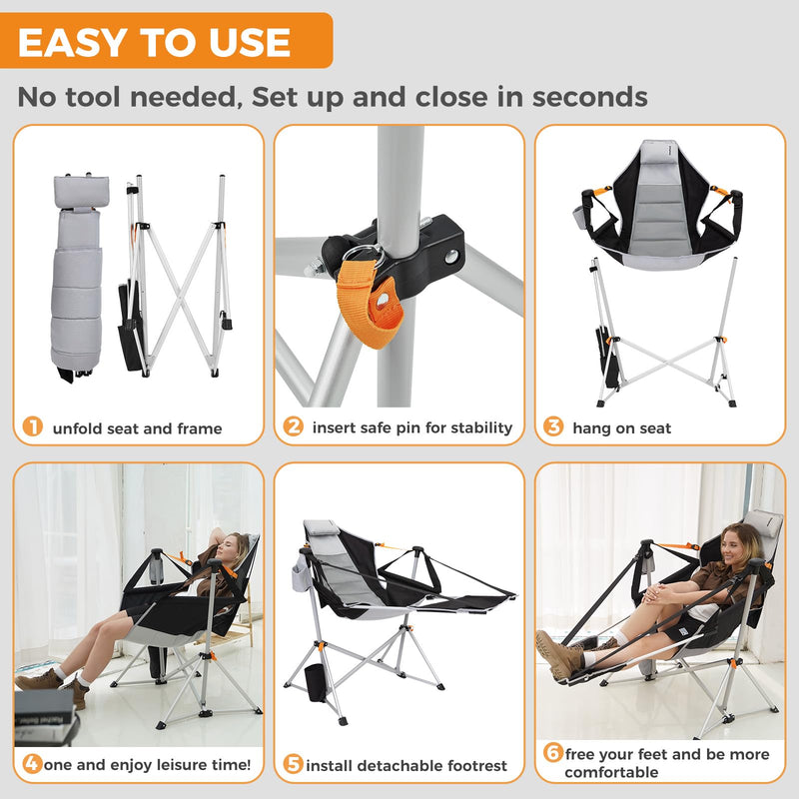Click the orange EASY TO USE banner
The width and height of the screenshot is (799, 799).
point(165,42)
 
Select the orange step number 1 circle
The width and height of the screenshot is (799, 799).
point(33,427)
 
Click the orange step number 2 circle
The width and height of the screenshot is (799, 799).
point(293,427)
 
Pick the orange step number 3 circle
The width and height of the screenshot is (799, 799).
point(553,427)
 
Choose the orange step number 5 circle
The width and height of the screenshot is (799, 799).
point(293,765)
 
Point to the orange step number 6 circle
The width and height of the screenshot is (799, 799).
point(552,753)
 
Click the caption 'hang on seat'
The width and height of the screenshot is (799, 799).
point(621,427)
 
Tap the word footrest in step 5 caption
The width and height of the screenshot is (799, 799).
point(471,766)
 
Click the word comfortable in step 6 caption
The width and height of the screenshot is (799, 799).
point(611,772)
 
